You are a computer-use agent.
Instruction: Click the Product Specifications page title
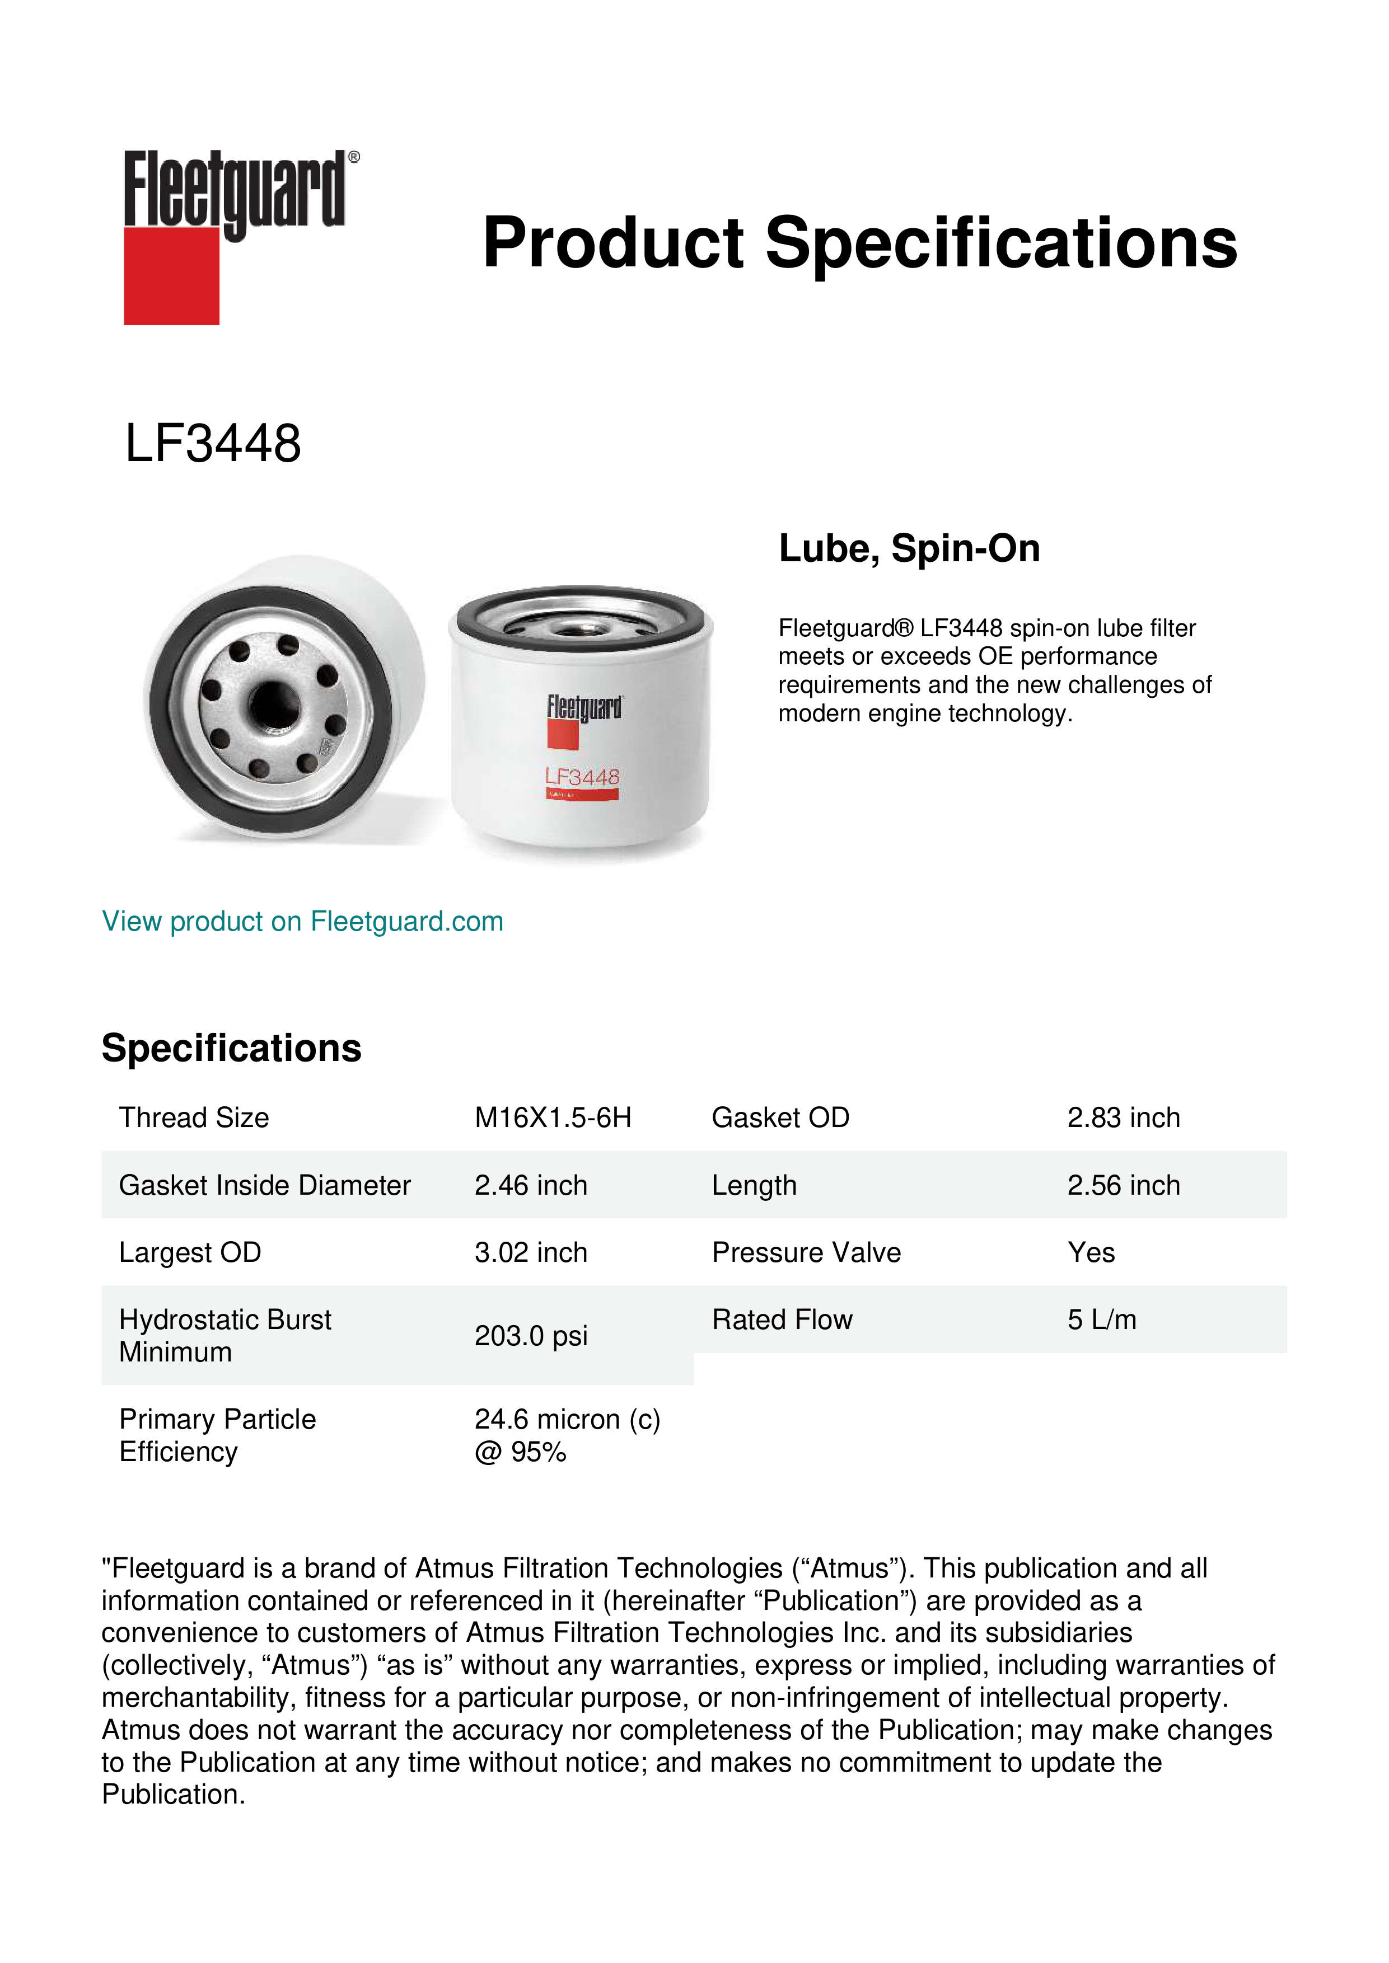(859, 243)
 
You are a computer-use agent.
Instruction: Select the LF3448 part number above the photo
(213, 444)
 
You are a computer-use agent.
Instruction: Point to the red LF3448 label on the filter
(582, 777)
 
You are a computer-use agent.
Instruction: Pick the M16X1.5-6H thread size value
(553, 1117)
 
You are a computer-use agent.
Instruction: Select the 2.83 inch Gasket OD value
(1123, 1117)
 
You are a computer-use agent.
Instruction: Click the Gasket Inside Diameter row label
(264, 1185)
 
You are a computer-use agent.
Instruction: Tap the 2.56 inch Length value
(1123, 1185)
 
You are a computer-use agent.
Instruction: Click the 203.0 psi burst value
(530, 1336)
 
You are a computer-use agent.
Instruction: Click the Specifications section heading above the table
(231, 1048)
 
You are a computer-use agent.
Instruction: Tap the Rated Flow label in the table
(782, 1319)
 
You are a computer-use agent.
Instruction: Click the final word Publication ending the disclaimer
(173, 1795)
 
